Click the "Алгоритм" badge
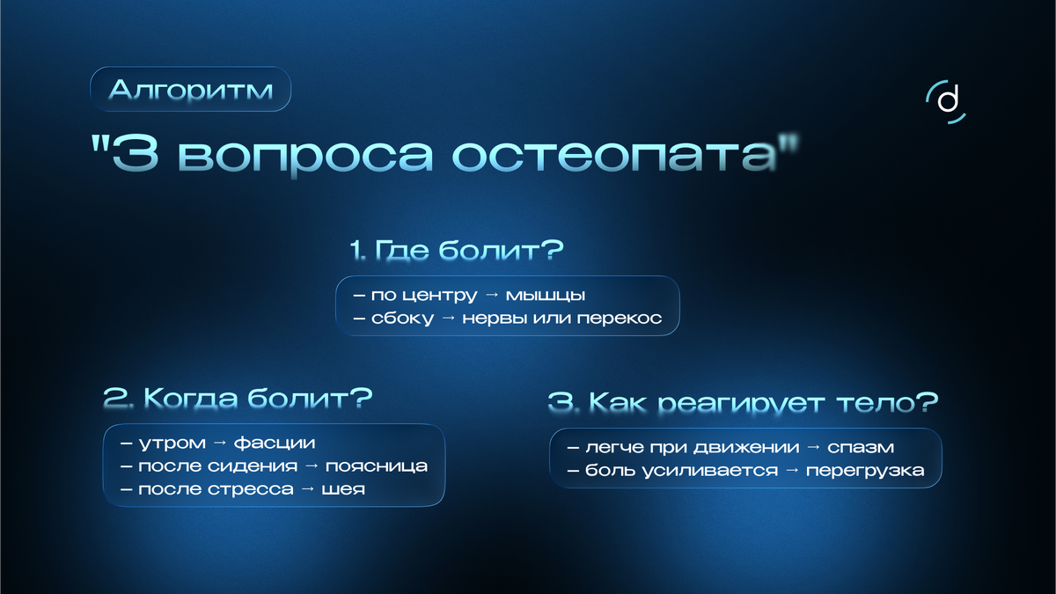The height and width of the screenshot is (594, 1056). tap(190, 90)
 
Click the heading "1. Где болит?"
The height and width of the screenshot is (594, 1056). tap(456, 251)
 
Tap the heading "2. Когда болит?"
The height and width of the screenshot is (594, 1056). tap(238, 399)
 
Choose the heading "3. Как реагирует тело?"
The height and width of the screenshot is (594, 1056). tap(743, 404)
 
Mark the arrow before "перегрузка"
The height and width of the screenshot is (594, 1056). tap(791, 471)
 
